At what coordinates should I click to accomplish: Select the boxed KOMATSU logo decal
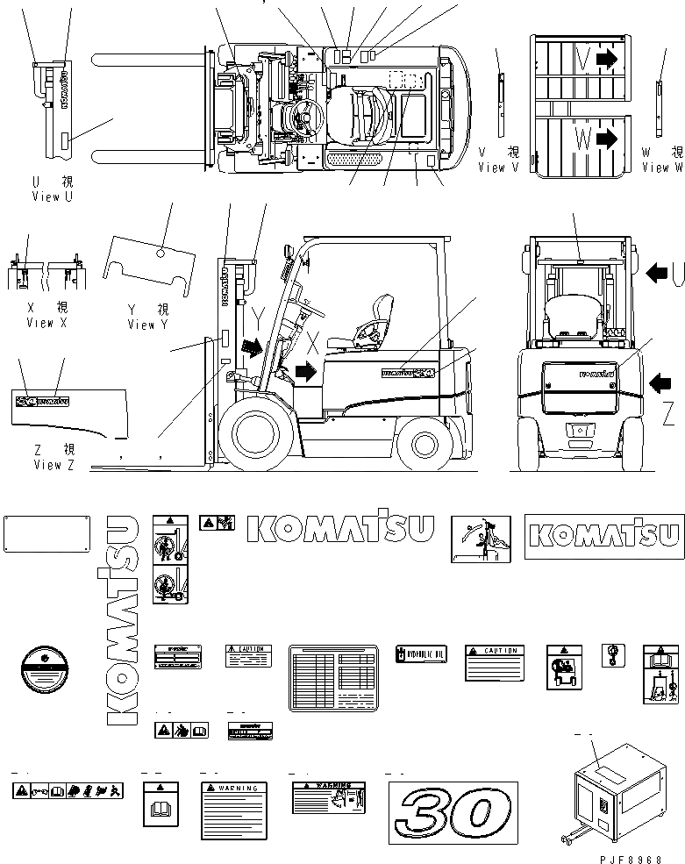click(x=604, y=536)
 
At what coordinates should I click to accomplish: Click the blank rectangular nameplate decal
click(x=47, y=535)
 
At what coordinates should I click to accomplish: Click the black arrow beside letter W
click(x=605, y=137)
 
